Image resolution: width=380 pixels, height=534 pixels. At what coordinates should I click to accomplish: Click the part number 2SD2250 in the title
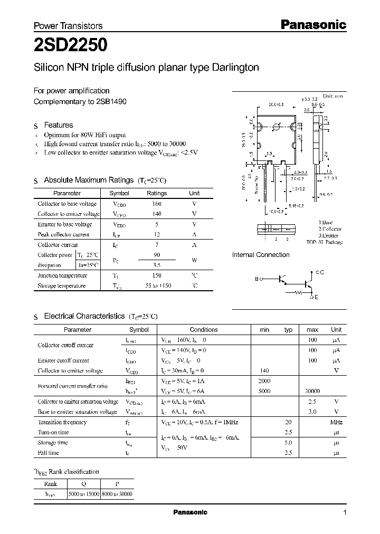(x=71, y=46)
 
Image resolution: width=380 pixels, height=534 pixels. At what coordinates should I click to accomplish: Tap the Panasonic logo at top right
(x=312, y=24)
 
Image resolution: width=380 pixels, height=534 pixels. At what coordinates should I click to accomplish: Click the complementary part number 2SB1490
(x=111, y=101)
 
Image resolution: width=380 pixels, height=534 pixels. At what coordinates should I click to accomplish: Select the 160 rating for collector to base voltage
(x=156, y=204)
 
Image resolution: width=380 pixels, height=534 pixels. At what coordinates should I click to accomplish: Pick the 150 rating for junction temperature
(x=156, y=275)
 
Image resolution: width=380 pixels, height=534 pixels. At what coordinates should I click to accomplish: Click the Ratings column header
(x=156, y=193)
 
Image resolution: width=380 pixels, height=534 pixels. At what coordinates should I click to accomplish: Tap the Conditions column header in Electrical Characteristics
(x=204, y=329)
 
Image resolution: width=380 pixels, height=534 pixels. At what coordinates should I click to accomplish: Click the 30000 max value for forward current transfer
(x=312, y=392)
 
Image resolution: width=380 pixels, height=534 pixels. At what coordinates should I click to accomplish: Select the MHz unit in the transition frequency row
(x=336, y=422)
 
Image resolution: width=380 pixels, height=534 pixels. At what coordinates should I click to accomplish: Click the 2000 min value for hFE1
(x=264, y=381)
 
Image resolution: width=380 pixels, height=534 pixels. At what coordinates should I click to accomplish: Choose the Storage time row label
(x=53, y=443)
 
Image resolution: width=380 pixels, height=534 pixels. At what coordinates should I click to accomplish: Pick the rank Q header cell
(x=83, y=483)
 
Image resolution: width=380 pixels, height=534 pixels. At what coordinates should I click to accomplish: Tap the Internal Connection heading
(x=261, y=255)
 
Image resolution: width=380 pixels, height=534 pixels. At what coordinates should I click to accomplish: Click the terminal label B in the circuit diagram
(x=257, y=279)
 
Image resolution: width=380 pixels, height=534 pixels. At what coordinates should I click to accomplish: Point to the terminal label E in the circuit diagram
(x=317, y=298)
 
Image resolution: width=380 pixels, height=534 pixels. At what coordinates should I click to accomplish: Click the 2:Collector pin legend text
(x=330, y=230)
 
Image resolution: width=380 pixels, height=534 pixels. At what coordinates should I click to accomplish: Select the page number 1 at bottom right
(x=345, y=512)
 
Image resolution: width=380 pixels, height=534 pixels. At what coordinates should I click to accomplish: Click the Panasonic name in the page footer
(x=191, y=512)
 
